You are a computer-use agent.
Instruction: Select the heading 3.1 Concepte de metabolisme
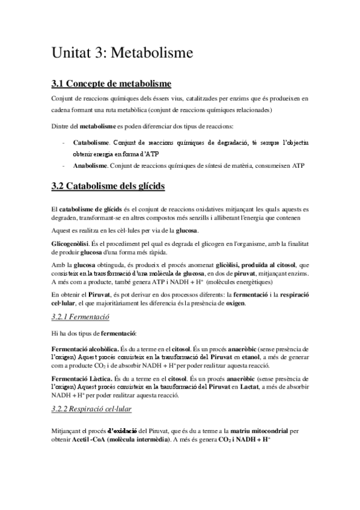pyautogui.click(x=111, y=83)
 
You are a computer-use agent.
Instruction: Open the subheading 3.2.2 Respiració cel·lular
pyautogui.click(x=92, y=409)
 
